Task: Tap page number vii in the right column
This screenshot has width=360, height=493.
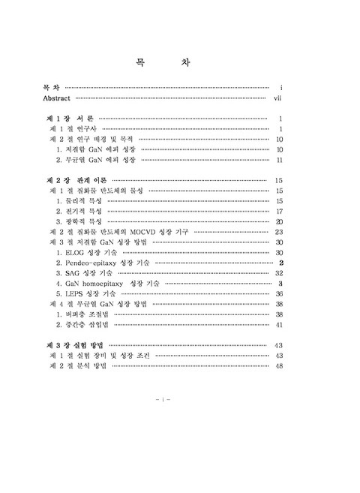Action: point(277,98)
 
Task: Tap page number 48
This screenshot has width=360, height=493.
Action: point(278,365)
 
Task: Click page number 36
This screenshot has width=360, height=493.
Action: point(278,294)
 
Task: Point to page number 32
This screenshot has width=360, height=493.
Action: point(278,274)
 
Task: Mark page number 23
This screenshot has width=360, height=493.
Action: point(278,233)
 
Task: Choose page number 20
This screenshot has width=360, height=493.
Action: point(278,222)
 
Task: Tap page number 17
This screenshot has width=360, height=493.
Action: point(278,212)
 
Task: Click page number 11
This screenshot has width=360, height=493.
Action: point(278,160)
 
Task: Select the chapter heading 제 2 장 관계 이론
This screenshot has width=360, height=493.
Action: point(76,180)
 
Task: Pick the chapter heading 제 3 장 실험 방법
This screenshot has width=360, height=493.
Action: point(77,344)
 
